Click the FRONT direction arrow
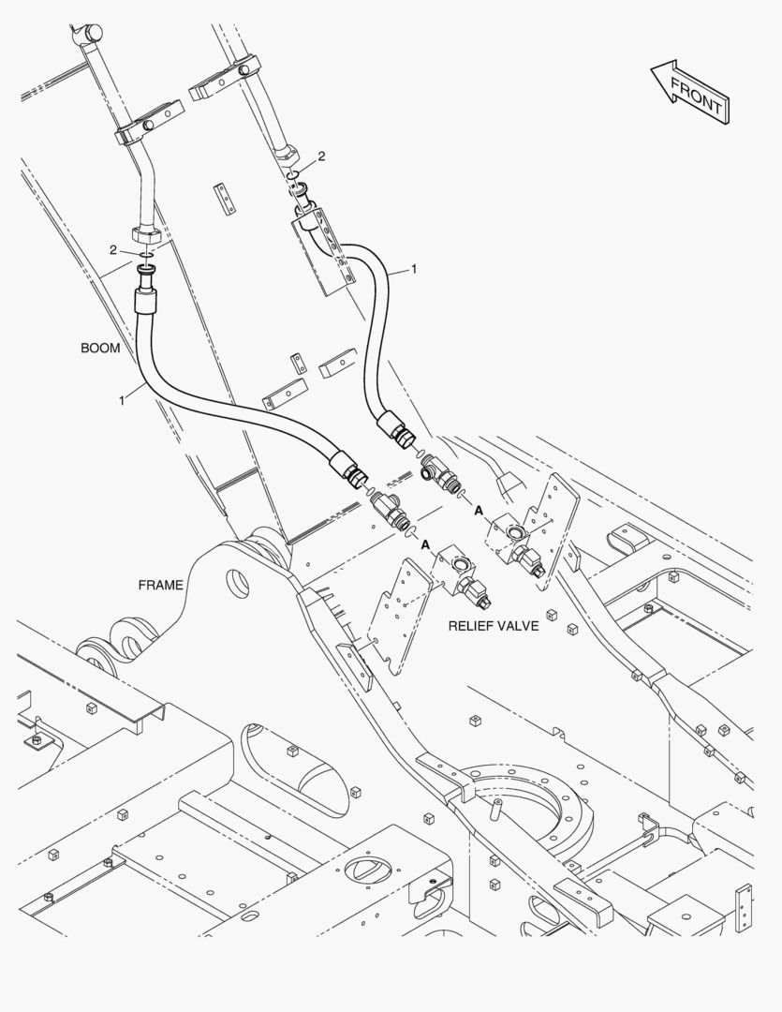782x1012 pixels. [689, 92]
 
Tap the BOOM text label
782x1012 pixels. [100, 348]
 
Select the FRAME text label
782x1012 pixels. [161, 585]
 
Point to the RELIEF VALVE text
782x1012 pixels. [494, 625]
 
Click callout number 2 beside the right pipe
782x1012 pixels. [321, 156]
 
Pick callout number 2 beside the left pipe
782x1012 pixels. [113, 250]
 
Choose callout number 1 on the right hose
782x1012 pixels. [414, 269]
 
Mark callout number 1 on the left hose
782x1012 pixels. [122, 401]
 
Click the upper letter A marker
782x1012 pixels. [479, 511]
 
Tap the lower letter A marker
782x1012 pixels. [425, 544]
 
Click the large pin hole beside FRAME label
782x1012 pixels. [238, 584]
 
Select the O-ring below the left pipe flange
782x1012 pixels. [147, 255]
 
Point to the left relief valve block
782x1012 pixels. [455, 567]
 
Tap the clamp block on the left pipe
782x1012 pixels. [147, 124]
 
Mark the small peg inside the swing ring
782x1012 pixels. [495, 808]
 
